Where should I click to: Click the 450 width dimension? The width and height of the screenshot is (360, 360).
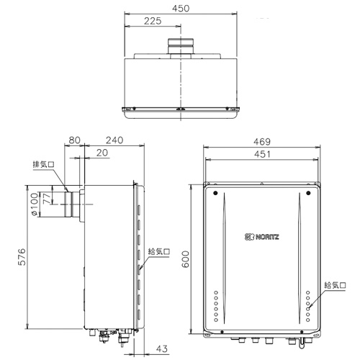tap(181, 9)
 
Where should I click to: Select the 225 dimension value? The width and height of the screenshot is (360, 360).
tap(153, 21)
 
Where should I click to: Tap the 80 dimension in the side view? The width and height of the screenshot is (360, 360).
tap(74, 140)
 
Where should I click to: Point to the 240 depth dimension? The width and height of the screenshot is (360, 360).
tap(114, 140)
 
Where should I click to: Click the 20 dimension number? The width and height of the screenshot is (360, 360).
tap(102, 153)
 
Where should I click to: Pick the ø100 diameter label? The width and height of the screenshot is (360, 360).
tap(35, 204)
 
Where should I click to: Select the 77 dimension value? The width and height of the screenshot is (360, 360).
tap(47, 199)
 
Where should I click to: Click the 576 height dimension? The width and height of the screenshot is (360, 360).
tap(22, 257)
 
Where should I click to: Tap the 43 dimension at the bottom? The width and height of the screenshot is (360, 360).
tap(162, 348)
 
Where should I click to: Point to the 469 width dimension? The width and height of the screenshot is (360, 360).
tap(262, 142)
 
